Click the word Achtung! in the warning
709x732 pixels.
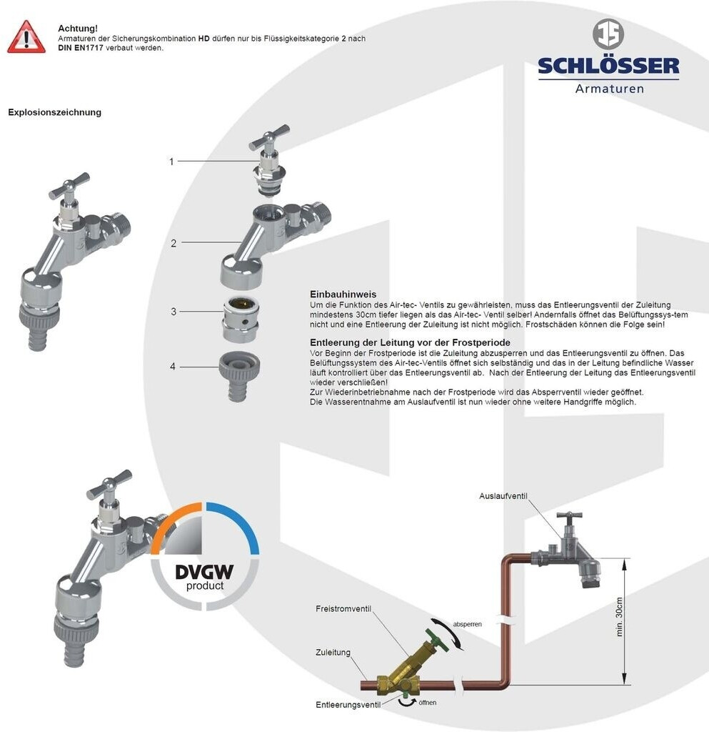78,28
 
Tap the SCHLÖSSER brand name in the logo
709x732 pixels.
608,66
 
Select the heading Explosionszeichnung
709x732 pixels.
54,112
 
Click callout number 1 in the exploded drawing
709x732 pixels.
171,162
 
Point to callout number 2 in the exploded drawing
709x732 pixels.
174,243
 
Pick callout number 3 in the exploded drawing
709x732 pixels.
174,312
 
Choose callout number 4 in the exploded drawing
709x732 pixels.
174,367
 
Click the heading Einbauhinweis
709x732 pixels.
343,295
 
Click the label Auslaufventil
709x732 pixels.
503,495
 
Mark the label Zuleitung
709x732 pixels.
333,652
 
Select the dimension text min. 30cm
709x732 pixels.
619,616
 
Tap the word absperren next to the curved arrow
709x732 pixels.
467,623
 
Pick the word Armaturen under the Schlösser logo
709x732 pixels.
609,89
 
